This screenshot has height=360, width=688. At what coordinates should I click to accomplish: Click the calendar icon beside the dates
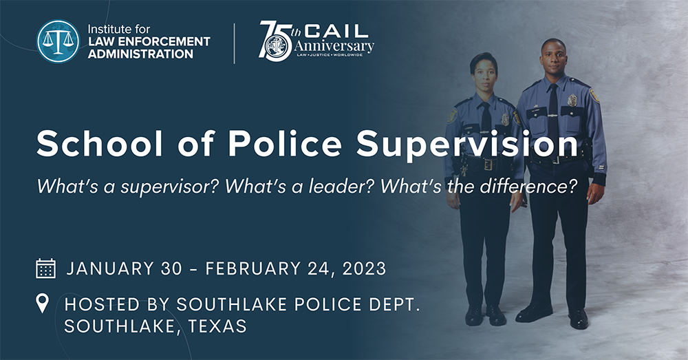pyautogui.click(x=45, y=268)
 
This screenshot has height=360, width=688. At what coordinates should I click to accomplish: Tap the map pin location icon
pyautogui.click(x=43, y=304)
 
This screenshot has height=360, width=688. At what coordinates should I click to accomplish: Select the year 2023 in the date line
pyautogui.click(x=362, y=268)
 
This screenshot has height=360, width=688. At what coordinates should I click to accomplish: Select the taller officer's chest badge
pyautogui.click(x=572, y=100)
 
